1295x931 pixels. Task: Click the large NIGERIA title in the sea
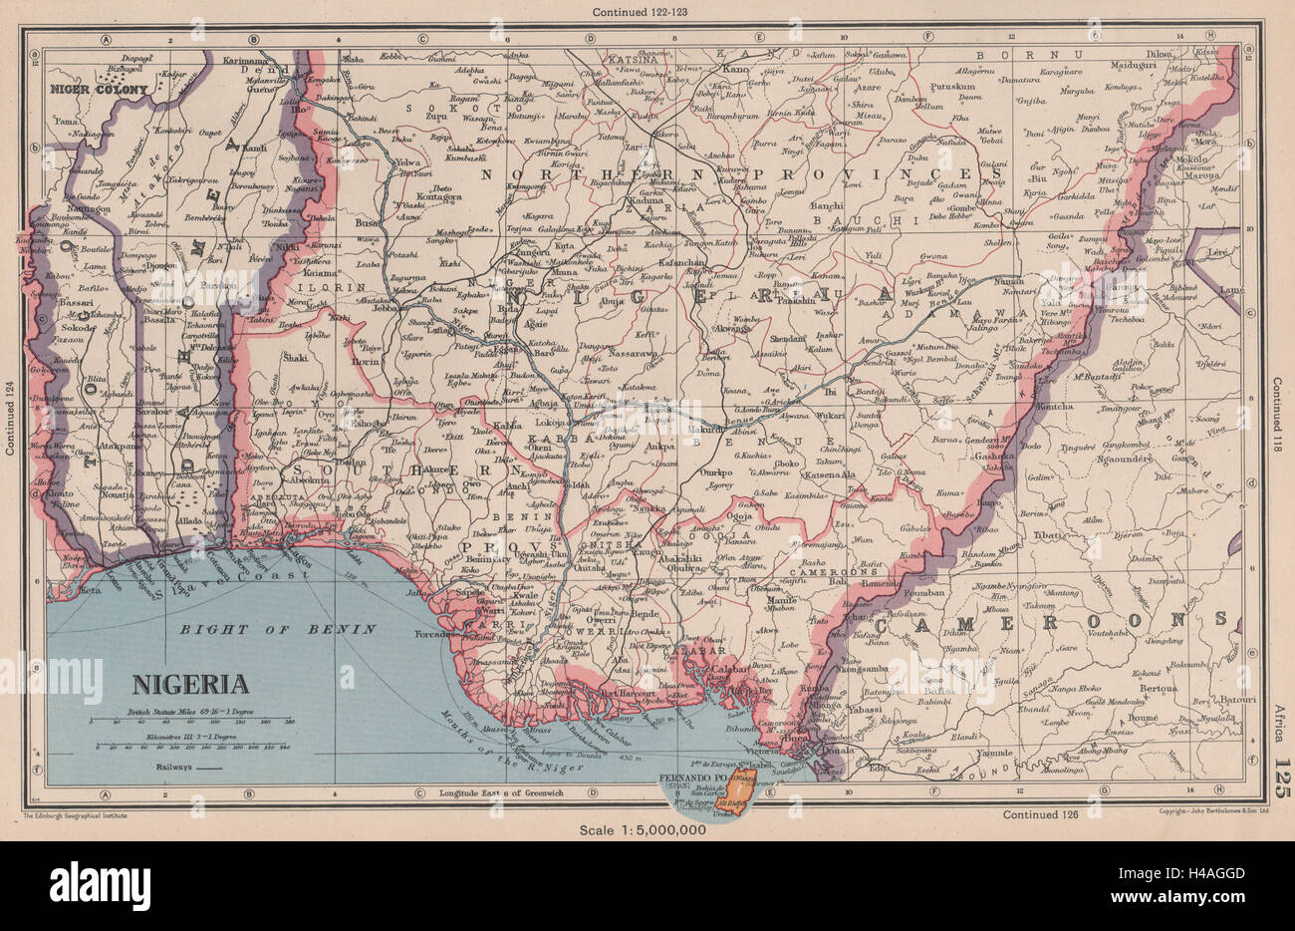191,684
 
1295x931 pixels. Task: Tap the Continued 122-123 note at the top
647,12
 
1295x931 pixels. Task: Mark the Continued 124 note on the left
10,420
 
